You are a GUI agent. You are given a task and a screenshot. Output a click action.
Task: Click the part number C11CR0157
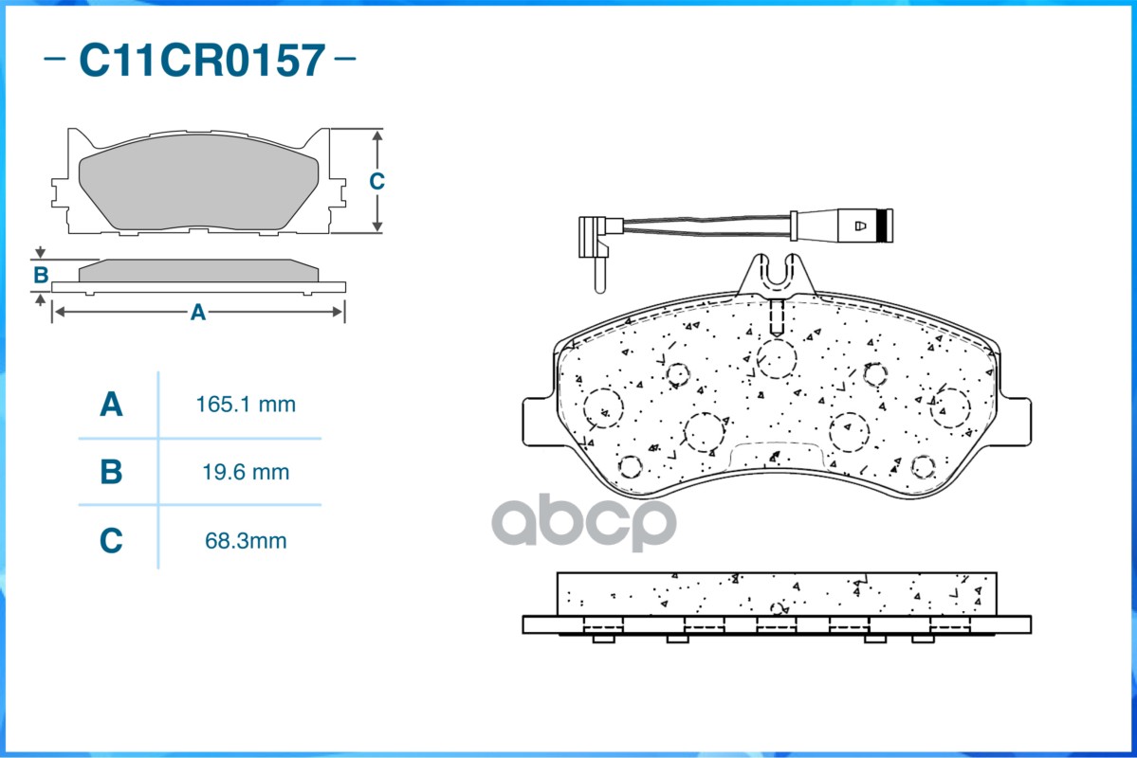tap(201, 61)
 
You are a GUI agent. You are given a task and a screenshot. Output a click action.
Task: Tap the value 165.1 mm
tap(245, 406)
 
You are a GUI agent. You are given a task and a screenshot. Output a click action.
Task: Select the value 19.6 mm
tap(245, 472)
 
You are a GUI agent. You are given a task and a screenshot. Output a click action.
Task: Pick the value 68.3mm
tap(245, 541)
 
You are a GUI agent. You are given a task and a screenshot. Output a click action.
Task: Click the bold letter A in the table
tap(111, 406)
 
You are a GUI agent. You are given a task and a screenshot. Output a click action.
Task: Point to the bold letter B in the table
tap(111, 472)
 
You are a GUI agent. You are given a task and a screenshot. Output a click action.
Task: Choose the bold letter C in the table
tap(111, 541)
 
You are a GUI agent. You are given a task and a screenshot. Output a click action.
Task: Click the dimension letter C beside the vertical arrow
tap(376, 181)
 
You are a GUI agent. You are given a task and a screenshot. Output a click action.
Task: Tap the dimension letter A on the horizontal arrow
tap(197, 312)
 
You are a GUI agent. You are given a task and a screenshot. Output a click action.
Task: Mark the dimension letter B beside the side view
tap(41, 276)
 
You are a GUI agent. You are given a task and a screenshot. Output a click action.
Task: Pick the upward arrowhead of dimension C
tap(377, 137)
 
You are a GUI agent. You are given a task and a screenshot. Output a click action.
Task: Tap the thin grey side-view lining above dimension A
tap(197, 271)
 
